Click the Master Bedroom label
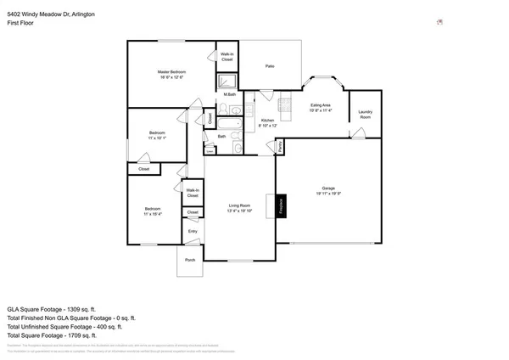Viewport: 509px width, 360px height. pos(171,72)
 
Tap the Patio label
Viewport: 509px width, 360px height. pos(270,65)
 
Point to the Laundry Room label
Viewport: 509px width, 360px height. pos(366,114)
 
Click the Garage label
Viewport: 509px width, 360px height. pos(327,188)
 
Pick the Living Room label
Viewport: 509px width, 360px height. pos(240,205)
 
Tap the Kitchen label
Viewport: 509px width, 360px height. pos(267,121)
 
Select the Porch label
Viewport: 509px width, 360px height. pos(190,260)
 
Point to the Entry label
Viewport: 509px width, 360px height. pos(193,231)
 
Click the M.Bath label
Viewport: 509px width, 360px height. pos(230,94)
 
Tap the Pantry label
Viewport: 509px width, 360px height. pos(280,148)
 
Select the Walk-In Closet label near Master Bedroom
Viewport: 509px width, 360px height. pos(227,56)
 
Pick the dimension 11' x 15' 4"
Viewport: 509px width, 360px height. pos(153,213)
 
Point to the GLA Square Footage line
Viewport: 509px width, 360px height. pos(51,309)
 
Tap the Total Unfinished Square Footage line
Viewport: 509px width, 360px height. pos(64,326)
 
